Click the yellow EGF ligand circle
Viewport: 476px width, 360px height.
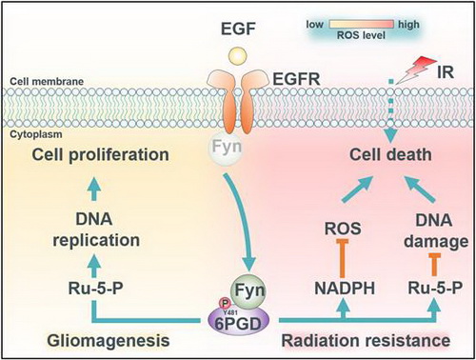point(238,55)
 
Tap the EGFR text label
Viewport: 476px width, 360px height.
point(296,79)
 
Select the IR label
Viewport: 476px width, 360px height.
point(446,72)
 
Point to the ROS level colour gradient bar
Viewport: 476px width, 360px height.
point(362,24)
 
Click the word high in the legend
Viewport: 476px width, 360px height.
point(408,25)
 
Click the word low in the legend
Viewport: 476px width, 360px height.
point(315,25)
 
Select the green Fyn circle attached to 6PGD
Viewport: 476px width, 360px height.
point(248,290)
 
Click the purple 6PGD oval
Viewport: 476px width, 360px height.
point(239,322)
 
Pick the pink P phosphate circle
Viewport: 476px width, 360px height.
point(225,304)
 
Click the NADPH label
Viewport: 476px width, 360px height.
point(345,289)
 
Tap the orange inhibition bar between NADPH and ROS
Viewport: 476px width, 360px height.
point(343,259)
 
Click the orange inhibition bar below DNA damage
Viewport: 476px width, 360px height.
point(434,265)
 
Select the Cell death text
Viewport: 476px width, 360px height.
point(390,155)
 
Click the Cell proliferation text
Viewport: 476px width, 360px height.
point(100,155)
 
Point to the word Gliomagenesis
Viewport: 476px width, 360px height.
point(109,341)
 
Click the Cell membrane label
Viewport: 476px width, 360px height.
point(47,81)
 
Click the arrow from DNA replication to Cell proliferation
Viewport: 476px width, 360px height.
point(94,190)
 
